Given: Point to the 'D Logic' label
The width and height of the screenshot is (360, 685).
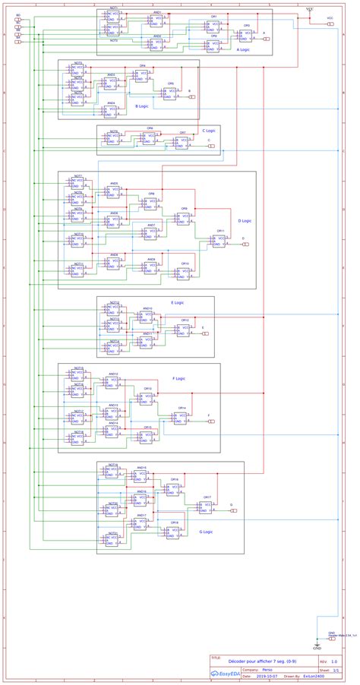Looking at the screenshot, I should coord(245,221).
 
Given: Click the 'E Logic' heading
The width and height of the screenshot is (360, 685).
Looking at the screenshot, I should coord(177,302).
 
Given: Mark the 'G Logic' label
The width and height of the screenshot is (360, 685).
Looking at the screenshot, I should coord(205,532).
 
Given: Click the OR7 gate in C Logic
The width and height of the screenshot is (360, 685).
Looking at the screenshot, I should coord(182,142).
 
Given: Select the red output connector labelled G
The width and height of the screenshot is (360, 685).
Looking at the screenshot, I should coord(235,510).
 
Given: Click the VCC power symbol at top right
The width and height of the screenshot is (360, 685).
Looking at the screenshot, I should coord(310,9).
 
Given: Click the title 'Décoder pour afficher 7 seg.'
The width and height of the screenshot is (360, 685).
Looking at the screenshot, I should coord(251,662).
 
